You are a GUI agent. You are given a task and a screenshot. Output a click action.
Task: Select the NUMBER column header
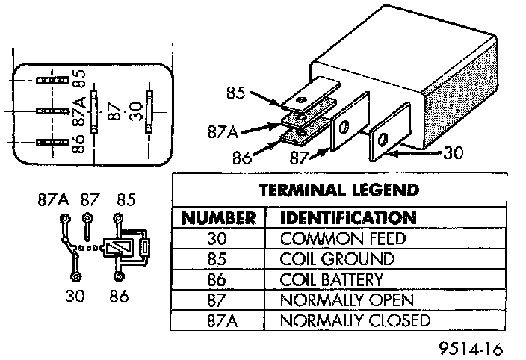coord(220,218)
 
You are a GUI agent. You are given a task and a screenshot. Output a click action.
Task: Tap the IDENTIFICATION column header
coord(347,218)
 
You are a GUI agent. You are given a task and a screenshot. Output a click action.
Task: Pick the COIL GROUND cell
coord(336,259)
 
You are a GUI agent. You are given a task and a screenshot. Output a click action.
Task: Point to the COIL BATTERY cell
coord(331,279)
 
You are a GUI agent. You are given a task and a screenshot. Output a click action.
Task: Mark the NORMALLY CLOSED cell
coord(355,320)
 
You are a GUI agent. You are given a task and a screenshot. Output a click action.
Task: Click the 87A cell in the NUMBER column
coord(220,320)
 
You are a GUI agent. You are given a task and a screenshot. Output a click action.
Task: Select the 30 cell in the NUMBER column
coord(220,239)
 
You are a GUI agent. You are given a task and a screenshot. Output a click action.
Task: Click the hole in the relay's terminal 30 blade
coord(383,139)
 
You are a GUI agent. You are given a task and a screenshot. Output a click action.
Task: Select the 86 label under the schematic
coord(117,297)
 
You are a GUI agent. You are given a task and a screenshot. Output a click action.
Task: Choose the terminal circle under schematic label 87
coord(88,220)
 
